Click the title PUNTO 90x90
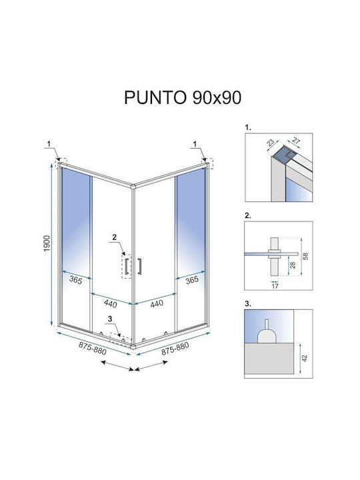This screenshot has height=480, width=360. (183, 97)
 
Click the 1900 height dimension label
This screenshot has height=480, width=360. (47, 244)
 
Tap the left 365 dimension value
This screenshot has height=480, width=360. (75, 280)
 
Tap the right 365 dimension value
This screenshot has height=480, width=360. (192, 280)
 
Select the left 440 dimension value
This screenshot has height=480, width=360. (110, 304)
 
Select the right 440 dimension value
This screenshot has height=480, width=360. (157, 304)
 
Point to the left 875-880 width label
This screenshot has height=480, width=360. (93, 349)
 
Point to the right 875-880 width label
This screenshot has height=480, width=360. (175, 349)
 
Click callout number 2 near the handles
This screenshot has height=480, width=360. (115, 237)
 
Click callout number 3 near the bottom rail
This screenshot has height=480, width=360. (110, 319)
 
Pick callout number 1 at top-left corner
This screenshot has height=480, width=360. (49, 143)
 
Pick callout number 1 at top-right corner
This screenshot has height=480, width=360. (195, 143)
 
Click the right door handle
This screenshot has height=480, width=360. (139, 266)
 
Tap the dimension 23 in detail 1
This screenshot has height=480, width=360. (270, 143)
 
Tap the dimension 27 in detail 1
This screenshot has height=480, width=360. (296, 141)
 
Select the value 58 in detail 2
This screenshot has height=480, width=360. (305, 256)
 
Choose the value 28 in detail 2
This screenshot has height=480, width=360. (293, 265)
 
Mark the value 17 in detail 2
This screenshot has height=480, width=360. (275, 286)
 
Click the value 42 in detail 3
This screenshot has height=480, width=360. (305, 358)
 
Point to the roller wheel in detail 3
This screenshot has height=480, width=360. (267, 336)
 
